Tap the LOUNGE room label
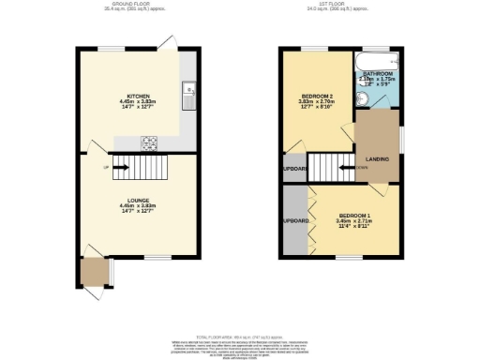click(x=137, y=199)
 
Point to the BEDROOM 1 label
click(x=354, y=216)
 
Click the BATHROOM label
click(x=378, y=72)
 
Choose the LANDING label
click(x=379, y=157)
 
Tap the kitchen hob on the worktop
click(x=149, y=142)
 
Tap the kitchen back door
click(x=166, y=42)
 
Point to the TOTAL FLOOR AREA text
click(x=240, y=336)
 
